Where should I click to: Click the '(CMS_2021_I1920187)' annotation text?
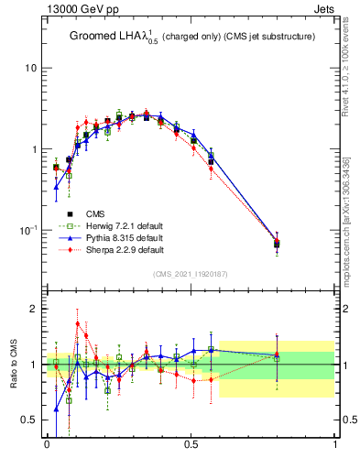[190, 274]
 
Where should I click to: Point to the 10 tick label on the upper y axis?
[31, 69]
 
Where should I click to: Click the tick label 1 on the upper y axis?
[35, 149]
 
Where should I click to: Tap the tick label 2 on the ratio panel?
[35, 309]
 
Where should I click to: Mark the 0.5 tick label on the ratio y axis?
[29, 420]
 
